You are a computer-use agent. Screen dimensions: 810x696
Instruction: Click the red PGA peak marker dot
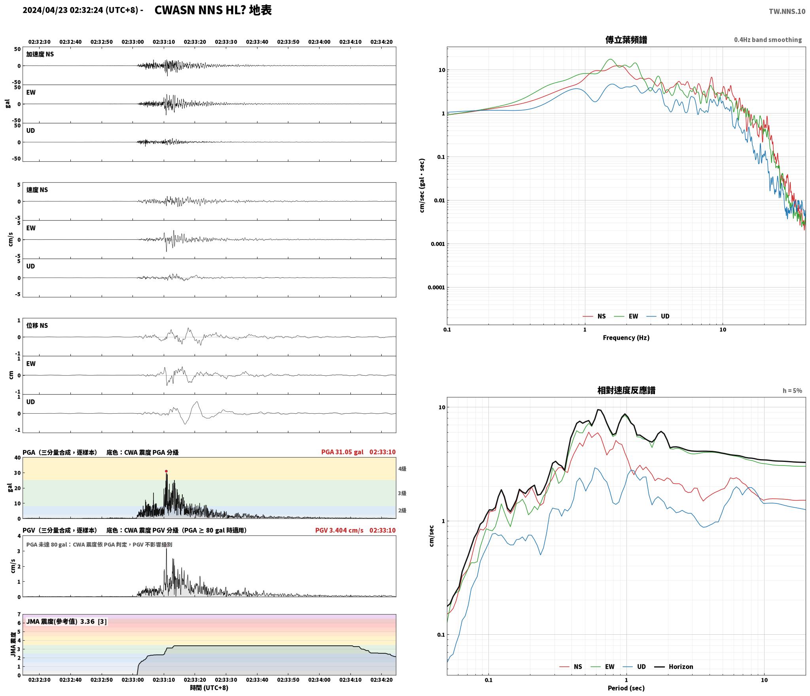click(166, 471)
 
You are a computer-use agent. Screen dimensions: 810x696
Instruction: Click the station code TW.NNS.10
click(787, 11)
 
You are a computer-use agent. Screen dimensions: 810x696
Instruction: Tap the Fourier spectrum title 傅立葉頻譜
click(626, 40)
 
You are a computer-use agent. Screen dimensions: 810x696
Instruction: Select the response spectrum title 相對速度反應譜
click(626, 390)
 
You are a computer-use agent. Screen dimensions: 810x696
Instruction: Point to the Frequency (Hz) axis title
click(626, 337)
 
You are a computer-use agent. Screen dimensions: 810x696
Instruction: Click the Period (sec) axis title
click(626, 688)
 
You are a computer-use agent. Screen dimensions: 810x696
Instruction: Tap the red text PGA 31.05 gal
click(342, 452)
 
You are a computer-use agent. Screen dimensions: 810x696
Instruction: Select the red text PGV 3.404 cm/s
click(339, 530)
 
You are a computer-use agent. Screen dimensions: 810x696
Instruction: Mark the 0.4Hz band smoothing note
click(768, 40)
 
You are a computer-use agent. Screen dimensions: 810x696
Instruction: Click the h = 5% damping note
click(792, 391)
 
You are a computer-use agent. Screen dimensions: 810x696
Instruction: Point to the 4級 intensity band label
click(402, 469)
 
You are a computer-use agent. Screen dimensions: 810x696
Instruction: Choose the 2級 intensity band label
click(402, 511)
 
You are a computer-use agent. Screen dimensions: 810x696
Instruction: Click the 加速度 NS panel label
click(40, 54)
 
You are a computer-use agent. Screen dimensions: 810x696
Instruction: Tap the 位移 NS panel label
click(37, 325)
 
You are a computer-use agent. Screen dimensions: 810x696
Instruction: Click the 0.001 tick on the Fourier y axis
click(437, 244)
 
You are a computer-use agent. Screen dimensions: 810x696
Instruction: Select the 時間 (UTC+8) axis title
click(209, 688)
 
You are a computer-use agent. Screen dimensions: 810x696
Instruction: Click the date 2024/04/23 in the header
click(45, 10)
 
